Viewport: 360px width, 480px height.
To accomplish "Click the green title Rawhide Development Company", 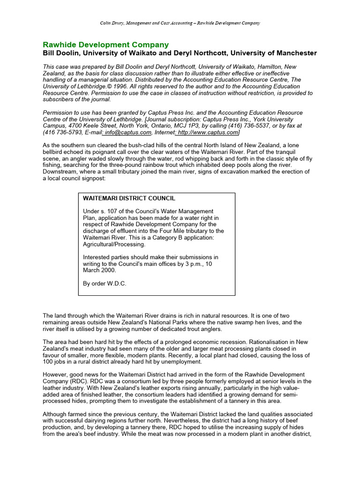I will click(105, 45).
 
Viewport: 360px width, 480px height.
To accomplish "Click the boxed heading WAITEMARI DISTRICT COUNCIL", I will click(129, 199).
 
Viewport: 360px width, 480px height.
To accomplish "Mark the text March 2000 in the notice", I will click(100, 270).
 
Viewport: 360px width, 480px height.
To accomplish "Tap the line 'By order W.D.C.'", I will click(105, 284).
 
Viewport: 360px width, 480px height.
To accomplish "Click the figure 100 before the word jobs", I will click(48, 362).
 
